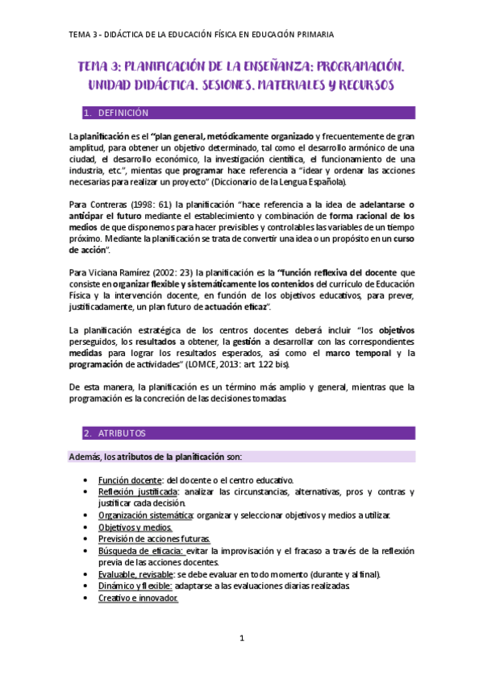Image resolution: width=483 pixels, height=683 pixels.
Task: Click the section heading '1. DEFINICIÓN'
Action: [x=122, y=113]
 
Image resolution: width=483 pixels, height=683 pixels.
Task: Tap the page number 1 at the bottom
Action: [x=241, y=639]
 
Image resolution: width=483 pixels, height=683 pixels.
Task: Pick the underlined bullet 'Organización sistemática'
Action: [x=146, y=515]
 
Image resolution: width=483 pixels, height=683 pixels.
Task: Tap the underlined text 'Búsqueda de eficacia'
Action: [x=141, y=551]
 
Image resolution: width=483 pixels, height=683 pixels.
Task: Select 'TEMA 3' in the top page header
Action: [x=81, y=35]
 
